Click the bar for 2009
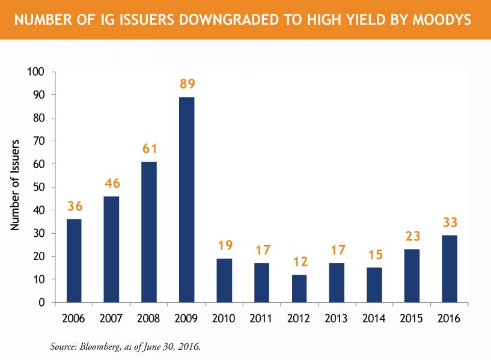tap(187, 200)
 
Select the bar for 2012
tap(299, 288)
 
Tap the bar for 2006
tap(75, 261)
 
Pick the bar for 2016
tap(449, 269)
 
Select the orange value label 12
tap(299, 263)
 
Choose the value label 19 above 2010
tap(224, 246)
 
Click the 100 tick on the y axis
tap(37, 72)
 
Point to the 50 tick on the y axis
tap(39, 188)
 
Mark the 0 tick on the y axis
tap(42, 303)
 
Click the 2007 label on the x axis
tap(112, 318)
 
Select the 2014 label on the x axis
tap(374, 318)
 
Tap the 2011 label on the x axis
tap(262, 318)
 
